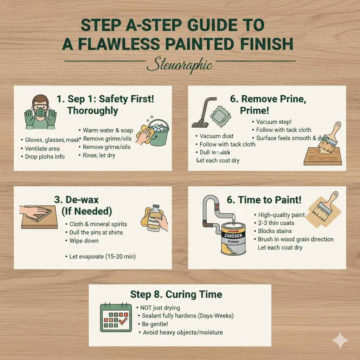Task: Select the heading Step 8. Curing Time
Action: click(176, 294)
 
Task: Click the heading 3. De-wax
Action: click(76, 200)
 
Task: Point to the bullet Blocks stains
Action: click(274, 231)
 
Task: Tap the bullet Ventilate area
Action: click(42, 149)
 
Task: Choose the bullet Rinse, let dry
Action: click(98, 155)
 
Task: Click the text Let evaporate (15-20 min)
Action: click(102, 257)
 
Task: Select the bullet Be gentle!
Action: click(155, 324)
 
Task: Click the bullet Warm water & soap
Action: click(108, 130)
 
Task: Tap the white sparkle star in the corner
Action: click(341, 340)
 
